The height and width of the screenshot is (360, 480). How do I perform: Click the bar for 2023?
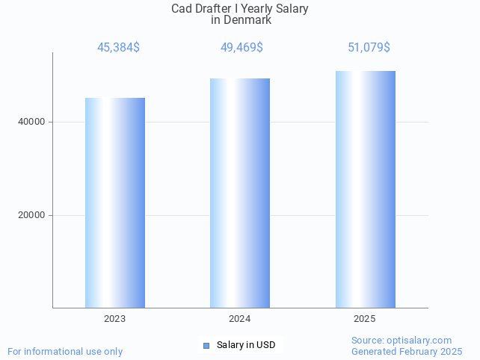(x=114, y=202)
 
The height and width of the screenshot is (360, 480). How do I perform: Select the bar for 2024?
(x=239, y=193)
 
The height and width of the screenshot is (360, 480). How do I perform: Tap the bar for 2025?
(x=365, y=189)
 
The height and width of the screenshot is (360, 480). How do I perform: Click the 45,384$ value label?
(x=118, y=48)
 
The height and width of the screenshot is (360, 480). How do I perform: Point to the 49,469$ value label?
(x=241, y=48)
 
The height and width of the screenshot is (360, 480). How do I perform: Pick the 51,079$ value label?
(x=369, y=48)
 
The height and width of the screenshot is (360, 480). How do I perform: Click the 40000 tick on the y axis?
(x=31, y=122)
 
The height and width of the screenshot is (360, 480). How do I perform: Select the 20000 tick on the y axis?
(x=31, y=215)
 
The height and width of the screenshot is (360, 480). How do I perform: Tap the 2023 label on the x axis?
(x=114, y=319)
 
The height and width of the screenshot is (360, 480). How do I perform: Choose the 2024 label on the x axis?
(x=239, y=319)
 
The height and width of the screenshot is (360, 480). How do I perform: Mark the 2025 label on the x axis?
(x=365, y=319)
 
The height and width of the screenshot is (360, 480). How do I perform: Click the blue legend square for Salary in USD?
(x=206, y=345)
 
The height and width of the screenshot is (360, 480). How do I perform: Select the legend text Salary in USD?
(x=246, y=345)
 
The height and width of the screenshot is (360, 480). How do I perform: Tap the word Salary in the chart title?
(x=292, y=9)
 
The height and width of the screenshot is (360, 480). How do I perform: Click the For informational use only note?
(x=65, y=351)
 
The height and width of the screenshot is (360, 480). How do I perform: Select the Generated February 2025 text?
(x=407, y=351)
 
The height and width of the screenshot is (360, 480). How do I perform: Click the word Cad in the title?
(x=182, y=9)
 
